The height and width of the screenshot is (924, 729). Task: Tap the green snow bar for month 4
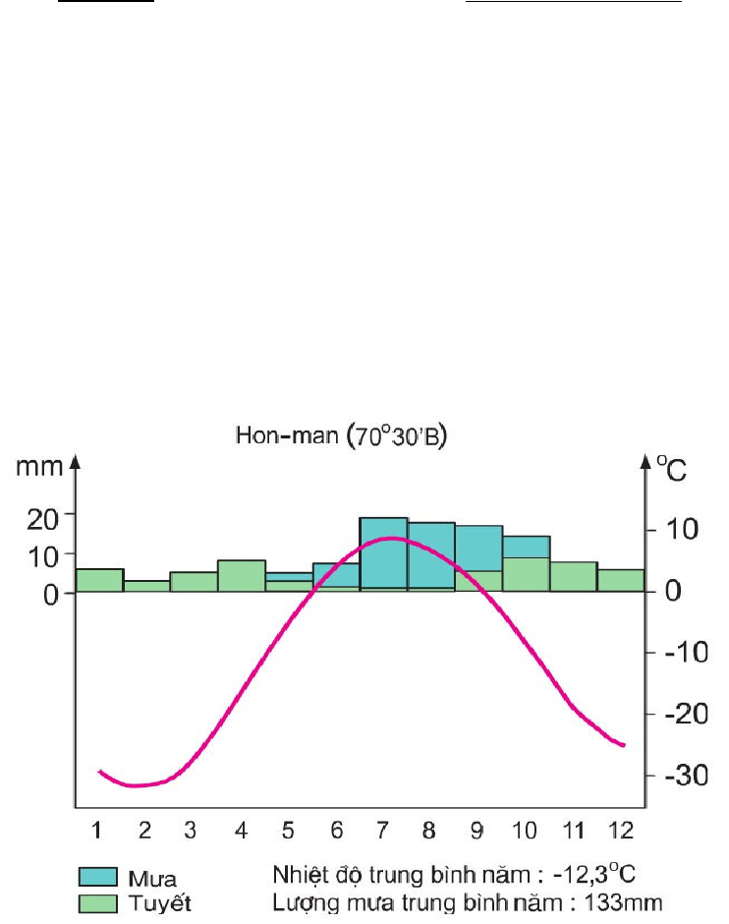point(241,576)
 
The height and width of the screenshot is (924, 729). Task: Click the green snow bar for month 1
point(99,580)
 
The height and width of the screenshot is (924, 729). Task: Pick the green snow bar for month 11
point(574,577)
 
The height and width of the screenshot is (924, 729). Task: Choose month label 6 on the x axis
point(336,832)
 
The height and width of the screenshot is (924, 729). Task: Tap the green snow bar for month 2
point(146,586)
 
